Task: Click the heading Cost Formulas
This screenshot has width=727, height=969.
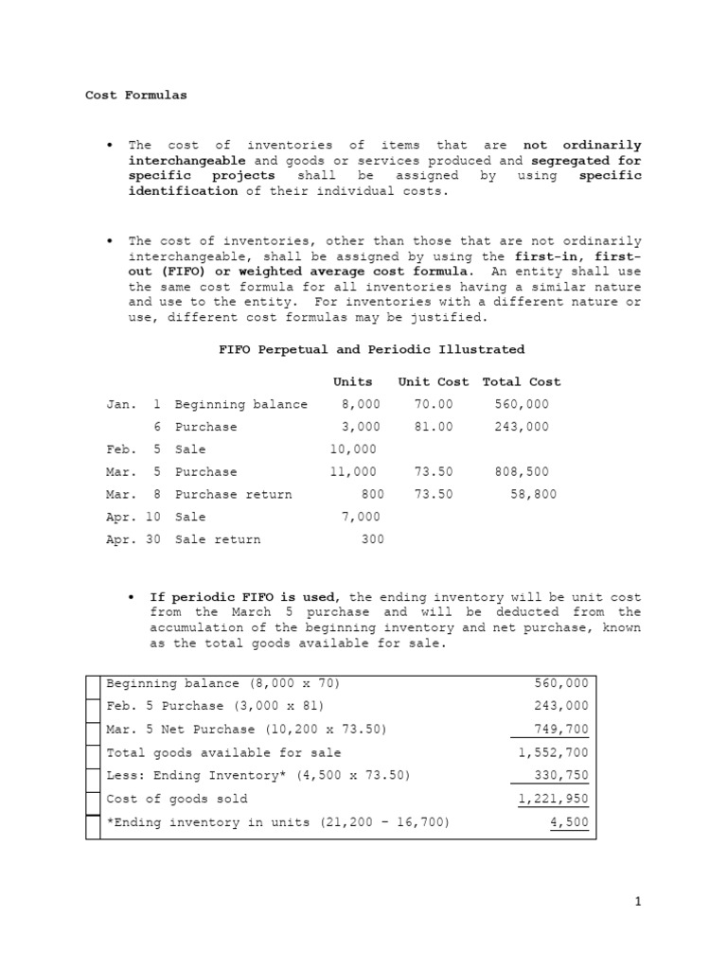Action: [136, 95]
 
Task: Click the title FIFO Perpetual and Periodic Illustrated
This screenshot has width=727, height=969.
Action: [371, 349]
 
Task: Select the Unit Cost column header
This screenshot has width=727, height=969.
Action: [433, 381]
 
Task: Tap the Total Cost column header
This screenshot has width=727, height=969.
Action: [521, 381]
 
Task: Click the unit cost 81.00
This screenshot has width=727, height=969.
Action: [434, 427]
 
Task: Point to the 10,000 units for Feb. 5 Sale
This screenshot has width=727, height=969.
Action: [353, 449]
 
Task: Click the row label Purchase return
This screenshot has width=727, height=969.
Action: [233, 494]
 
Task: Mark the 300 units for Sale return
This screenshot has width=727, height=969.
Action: [372, 539]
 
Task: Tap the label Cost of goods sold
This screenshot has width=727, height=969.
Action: [177, 799]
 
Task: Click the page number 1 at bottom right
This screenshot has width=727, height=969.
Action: [638, 902]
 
